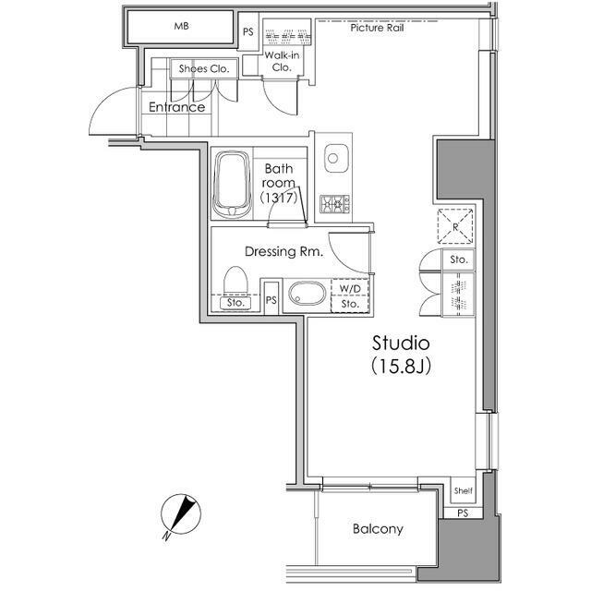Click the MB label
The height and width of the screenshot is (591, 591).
click(181, 27)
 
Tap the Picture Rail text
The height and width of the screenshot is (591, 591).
click(377, 28)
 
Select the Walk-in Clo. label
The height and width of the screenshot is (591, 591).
click(282, 61)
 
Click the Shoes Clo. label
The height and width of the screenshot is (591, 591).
click(204, 68)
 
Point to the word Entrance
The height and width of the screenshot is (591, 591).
click(176, 107)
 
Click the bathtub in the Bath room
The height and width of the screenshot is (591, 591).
click(232, 185)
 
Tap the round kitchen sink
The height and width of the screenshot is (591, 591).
click(332, 158)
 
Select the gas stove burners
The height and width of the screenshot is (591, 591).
click(334, 205)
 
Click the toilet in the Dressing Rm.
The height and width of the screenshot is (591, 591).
click(236, 280)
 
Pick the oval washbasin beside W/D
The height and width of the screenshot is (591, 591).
click(308, 293)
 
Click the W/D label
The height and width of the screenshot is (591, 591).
click(350, 289)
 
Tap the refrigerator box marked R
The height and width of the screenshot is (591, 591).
click(455, 226)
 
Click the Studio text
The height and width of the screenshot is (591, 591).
click(401, 343)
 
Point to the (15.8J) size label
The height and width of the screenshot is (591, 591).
click(401, 366)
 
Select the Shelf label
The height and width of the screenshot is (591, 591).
click(463, 490)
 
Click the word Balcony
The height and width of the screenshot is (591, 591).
click(378, 529)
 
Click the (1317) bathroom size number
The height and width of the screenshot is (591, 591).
click(279, 198)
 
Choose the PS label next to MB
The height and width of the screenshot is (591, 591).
click(248, 32)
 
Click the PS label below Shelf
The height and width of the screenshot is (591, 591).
click(463, 513)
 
